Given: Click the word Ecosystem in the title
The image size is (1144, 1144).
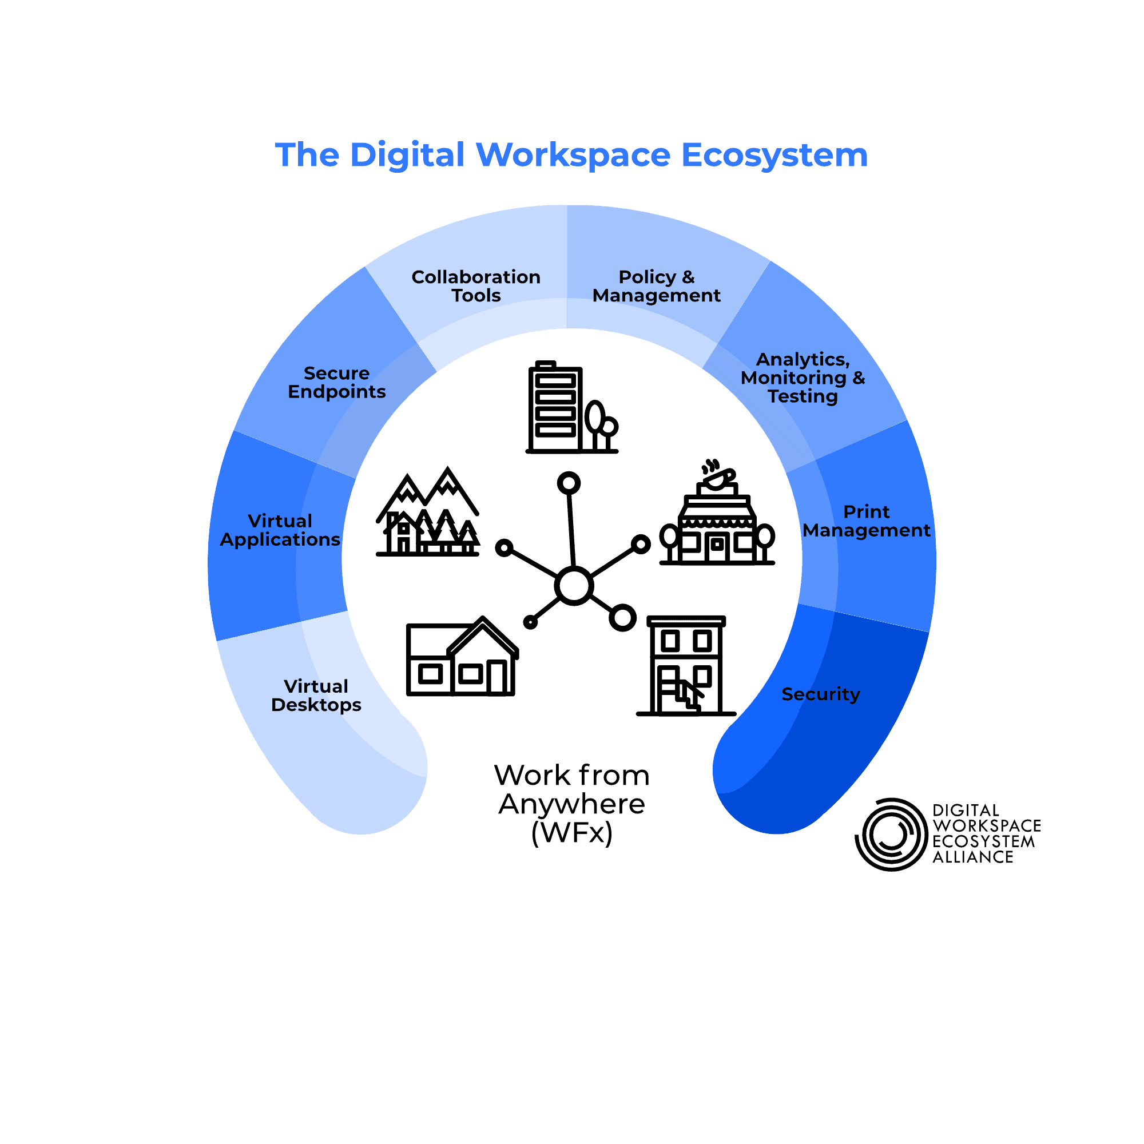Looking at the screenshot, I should tap(774, 156).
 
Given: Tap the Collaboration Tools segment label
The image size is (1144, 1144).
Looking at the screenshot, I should tap(476, 286).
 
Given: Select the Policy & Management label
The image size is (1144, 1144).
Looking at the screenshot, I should tap(656, 286).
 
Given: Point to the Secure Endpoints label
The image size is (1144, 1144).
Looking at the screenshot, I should tap(336, 383).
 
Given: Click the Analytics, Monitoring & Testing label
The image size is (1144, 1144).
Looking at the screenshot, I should tap(803, 378).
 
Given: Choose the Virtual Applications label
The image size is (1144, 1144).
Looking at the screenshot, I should tap(280, 530).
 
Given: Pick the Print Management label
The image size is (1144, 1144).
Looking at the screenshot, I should tap(865, 521).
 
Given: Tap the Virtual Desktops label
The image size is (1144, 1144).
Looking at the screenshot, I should tap(316, 695).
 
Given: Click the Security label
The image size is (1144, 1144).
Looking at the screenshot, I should tap(820, 694).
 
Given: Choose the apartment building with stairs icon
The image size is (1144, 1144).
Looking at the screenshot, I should tap(686, 666).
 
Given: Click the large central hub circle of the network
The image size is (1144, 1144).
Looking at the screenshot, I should tap(573, 586).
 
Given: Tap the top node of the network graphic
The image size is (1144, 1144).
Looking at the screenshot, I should tap(569, 483).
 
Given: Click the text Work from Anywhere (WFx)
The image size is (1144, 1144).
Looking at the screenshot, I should tap(571, 804).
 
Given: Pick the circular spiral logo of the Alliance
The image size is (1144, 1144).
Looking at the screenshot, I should tap(891, 835).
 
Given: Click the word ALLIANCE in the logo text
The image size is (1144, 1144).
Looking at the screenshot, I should tap(972, 857).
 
